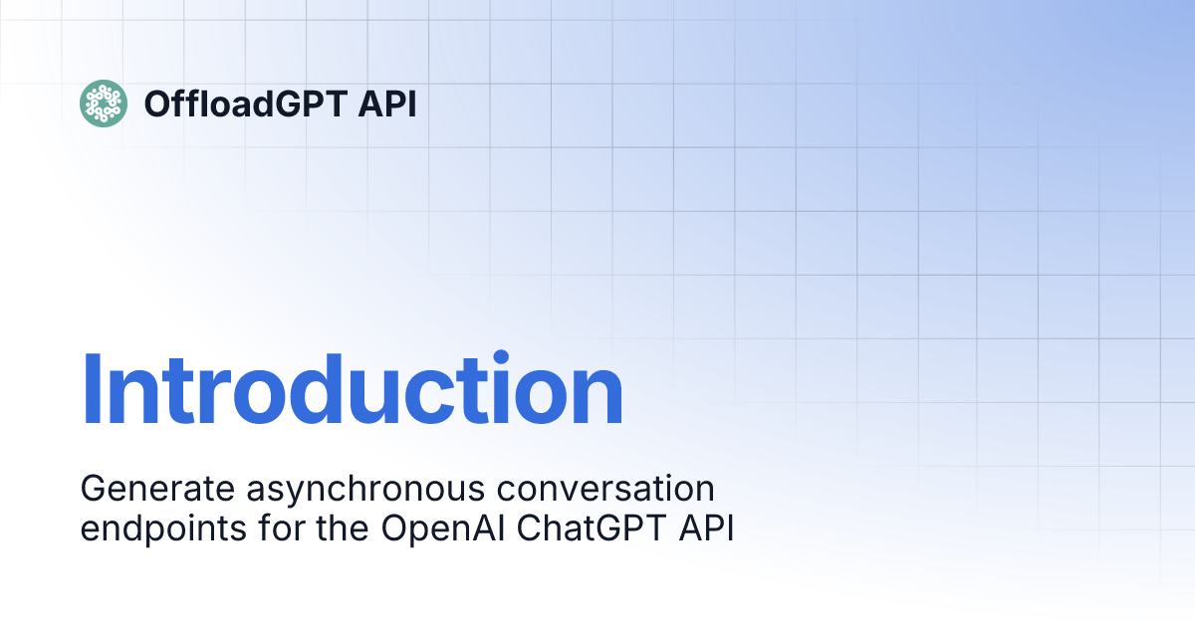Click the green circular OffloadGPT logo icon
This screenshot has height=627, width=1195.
coord(103,104)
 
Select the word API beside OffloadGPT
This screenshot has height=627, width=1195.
coord(387,104)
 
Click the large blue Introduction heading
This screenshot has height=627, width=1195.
coord(352,390)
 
